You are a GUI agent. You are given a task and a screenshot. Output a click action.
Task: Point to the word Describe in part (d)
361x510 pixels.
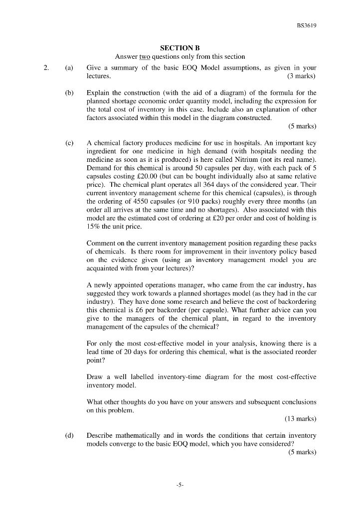click(x=101, y=436)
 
